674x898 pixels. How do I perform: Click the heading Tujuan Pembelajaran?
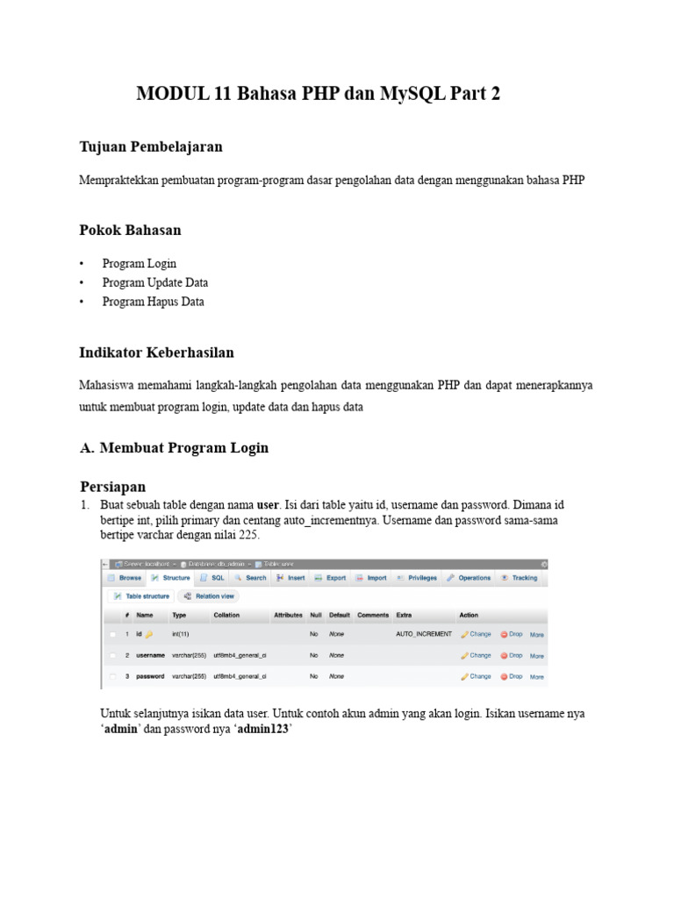coord(151,146)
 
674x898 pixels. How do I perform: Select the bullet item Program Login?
coord(139,263)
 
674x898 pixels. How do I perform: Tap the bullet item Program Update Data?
coord(154,282)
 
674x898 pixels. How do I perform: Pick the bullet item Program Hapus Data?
coord(153,302)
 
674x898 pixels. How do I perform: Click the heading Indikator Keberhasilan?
coord(156,353)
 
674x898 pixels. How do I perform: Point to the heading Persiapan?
coord(112,486)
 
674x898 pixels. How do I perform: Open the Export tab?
coord(331,578)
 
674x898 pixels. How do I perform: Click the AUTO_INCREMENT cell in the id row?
coord(424,633)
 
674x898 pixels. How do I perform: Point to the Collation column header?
coord(226,615)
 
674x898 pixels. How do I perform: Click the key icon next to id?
coord(149,634)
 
